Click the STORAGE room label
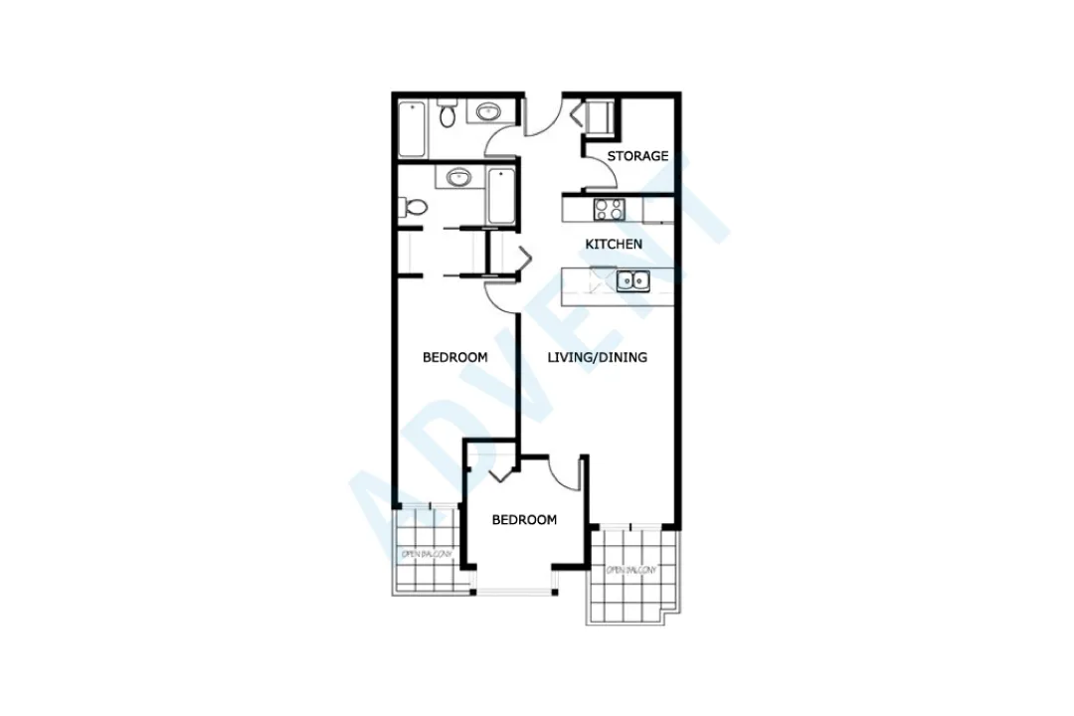pos(637,156)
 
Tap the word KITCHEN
pos(614,244)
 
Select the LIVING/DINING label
pos(598,357)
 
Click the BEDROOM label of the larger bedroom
pos(454,357)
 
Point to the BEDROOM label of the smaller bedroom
pos(524,520)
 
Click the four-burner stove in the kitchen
pos(608,210)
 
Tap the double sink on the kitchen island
pos(632,281)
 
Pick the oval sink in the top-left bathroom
pos(487,111)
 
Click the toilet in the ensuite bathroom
pos(415,209)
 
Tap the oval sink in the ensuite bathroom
pos(458,179)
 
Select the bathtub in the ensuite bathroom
pos(500,196)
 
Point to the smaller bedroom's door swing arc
pos(566,475)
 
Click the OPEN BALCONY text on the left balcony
pos(427,554)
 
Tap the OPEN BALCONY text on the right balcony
pos(632,571)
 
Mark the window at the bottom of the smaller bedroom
pos(515,593)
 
